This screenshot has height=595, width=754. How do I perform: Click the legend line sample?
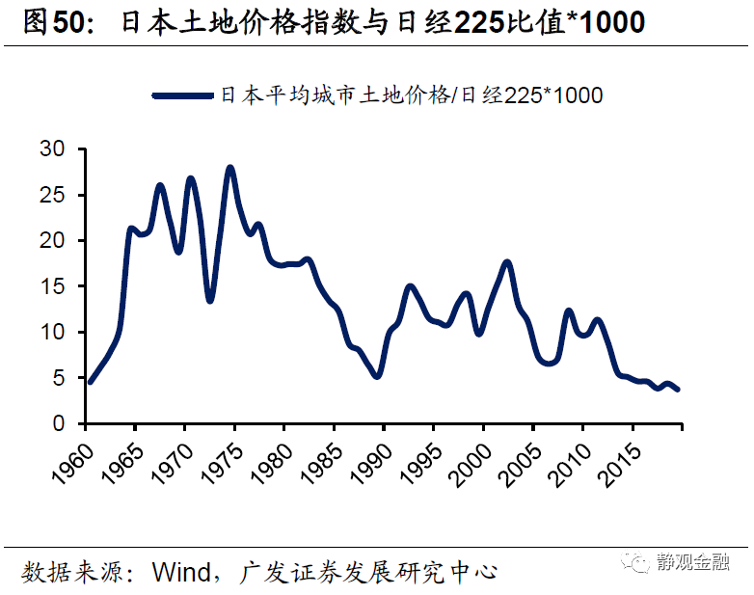(184, 95)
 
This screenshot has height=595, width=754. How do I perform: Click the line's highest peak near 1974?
(229, 168)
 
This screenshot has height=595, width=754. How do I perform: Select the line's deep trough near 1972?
(209, 301)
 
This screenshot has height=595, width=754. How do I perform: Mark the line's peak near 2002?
(507, 262)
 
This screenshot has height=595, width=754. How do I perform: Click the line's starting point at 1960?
(90, 382)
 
